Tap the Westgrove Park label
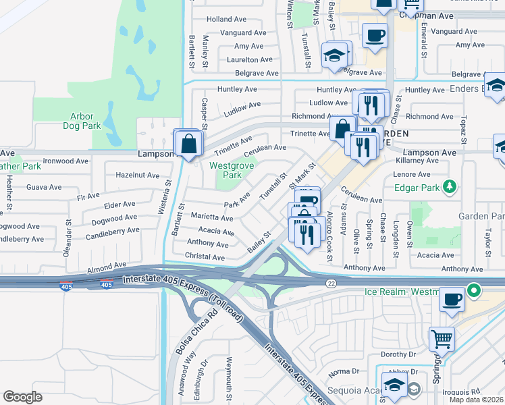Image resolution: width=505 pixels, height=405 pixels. click(225, 170)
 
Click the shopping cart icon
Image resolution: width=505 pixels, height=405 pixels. click(442, 337)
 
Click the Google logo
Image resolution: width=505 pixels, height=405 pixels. click(22, 397)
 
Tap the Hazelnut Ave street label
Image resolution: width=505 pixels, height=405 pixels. click(137, 175)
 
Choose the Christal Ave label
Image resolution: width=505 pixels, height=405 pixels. click(205, 257)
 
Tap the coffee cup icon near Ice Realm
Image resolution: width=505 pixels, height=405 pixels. click(452, 298)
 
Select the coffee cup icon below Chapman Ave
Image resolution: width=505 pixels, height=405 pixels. click(375, 34)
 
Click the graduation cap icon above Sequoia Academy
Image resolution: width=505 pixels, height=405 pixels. click(394, 384)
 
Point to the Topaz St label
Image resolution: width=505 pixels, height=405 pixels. click(463, 125)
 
